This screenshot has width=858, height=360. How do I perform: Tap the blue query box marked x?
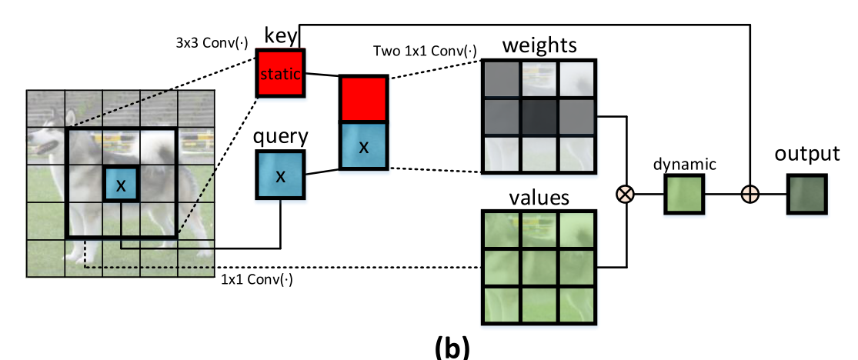tap(281, 176)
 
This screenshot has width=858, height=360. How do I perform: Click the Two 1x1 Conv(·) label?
tap(424, 52)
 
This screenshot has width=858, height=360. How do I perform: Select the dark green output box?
tap(806, 195)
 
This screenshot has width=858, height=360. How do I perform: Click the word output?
tap(807, 154)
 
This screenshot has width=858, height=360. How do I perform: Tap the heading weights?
tap(539, 45)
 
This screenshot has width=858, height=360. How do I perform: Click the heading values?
tap(539, 198)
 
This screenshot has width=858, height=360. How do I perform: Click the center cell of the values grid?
tap(539, 266)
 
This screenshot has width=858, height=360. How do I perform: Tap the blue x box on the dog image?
tap(121, 185)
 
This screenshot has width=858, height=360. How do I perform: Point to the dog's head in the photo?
tap(48, 138)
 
